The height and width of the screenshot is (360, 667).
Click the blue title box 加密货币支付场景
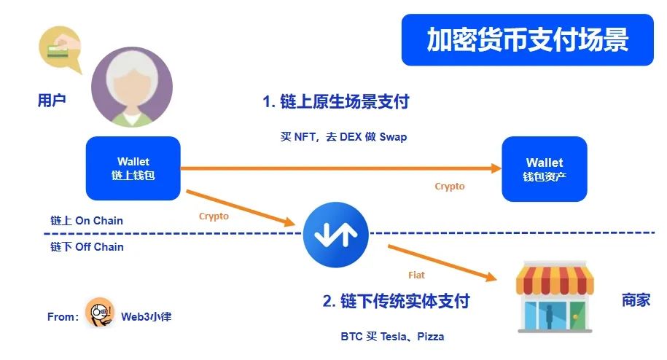527,40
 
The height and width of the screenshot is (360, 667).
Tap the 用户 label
52,100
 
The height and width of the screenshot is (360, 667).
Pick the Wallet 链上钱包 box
133,168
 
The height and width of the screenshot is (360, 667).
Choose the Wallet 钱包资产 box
544,168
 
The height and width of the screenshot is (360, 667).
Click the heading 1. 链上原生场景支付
336,102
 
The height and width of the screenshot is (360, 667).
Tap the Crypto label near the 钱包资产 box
450,187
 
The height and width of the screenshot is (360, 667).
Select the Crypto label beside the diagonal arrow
214,216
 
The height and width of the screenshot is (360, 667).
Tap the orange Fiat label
416,275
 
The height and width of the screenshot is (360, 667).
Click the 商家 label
636,300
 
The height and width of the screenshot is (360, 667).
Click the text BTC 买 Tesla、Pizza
392,337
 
